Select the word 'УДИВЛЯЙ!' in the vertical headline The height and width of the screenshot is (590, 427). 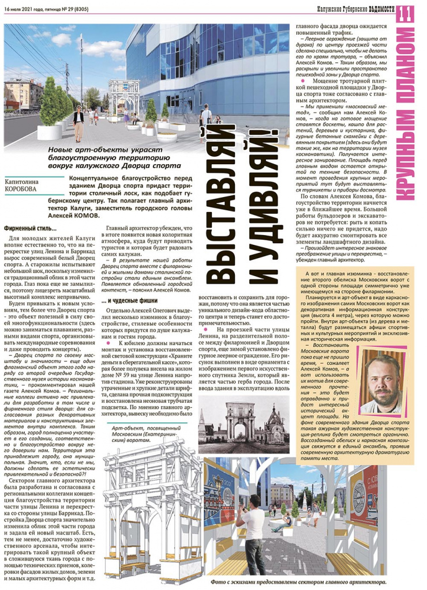point(263,190)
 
